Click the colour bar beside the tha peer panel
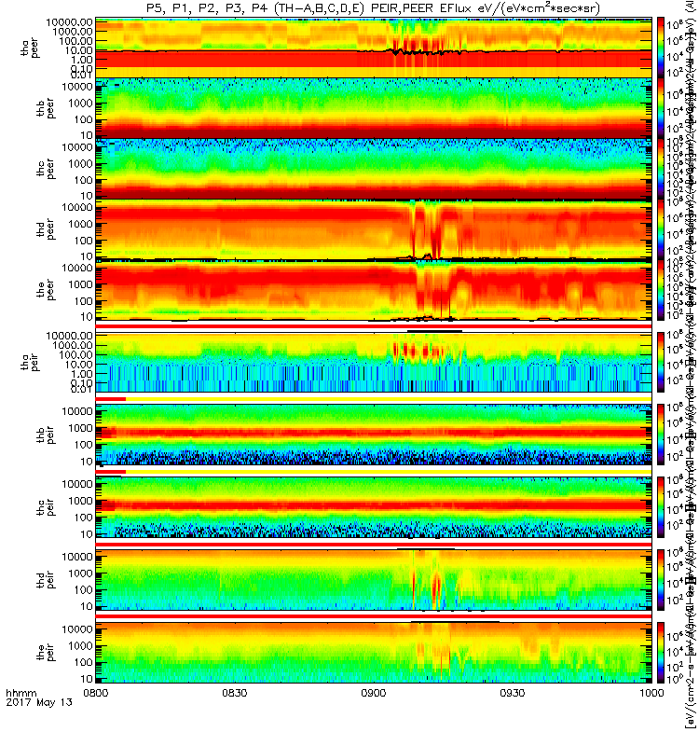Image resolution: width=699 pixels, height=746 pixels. (x=662, y=47)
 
